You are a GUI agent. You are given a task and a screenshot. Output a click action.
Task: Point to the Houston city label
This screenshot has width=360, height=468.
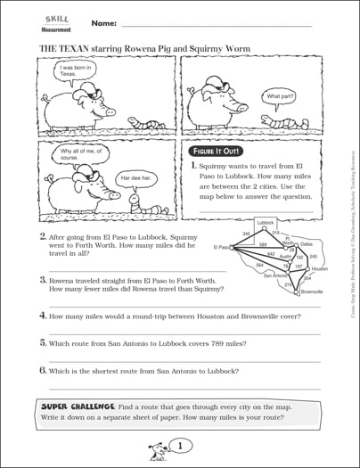(320, 268)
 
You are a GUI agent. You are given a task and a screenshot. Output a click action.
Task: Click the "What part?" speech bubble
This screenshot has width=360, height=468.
(278, 95)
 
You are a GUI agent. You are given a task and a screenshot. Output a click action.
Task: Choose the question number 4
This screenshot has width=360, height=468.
(42, 316)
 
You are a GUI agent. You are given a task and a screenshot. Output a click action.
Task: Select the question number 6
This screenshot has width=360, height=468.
(42, 369)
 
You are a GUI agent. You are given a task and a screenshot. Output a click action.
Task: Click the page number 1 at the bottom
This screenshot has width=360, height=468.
(180, 445)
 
